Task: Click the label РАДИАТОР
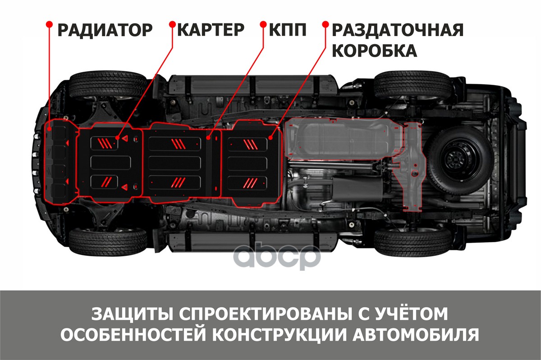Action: [105, 30]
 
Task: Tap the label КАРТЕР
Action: [211, 30]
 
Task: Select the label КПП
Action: [288, 30]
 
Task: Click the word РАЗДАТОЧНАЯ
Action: [398, 30]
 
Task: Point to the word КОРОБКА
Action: [375, 51]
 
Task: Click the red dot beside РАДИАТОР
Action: [49, 24]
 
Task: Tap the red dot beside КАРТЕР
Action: [172, 24]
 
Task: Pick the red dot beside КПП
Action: [263, 24]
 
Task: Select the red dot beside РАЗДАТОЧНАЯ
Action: [326, 24]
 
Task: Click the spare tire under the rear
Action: [461, 160]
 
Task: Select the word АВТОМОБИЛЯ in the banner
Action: [416, 335]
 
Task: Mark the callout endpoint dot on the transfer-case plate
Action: [270, 138]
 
